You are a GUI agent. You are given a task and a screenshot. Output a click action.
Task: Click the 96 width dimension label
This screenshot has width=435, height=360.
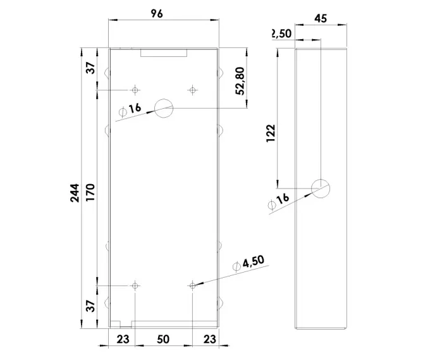point(157,13)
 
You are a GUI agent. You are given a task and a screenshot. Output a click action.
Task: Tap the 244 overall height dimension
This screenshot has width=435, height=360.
point(75,193)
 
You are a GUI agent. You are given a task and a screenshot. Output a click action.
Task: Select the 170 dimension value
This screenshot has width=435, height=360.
point(90,192)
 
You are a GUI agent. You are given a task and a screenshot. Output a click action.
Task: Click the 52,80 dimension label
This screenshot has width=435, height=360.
point(240,81)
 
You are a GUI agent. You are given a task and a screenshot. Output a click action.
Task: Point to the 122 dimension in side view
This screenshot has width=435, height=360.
point(271,133)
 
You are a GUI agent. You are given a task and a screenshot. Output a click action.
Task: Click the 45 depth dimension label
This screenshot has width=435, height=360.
point(321,18)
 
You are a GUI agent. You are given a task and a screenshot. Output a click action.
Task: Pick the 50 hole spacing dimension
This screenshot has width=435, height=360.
point(163,339)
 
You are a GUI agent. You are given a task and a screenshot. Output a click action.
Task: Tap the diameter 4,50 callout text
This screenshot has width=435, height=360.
point(248,263)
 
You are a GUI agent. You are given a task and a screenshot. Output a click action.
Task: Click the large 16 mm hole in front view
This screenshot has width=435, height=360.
point(164,108)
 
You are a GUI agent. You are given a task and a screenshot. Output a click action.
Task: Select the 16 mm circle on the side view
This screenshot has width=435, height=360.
point(321,189)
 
